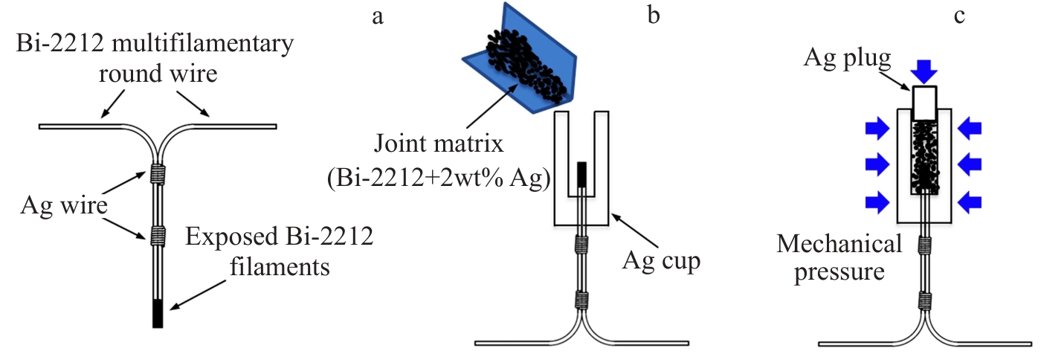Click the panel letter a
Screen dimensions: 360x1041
pyautogui.click(x=378, y=16)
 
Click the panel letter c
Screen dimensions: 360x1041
pyautogui.click(x=959, y=15)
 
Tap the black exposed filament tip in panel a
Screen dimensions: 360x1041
pyautogui.click(x=158, y=312)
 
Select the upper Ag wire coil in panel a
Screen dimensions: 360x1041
pyautogui.click(x=157, y=174)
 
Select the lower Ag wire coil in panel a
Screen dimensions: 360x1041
pyautogui.click(x=157, y=236)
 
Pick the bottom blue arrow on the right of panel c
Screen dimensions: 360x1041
pyautogui.click(x=968, y=201)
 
